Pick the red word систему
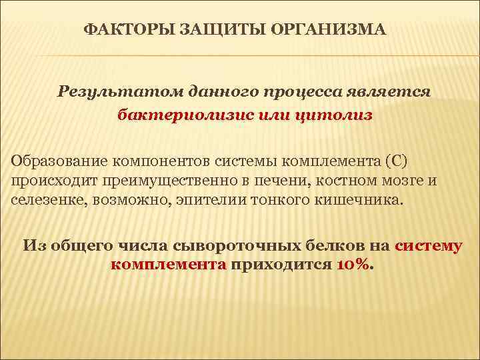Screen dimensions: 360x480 [x=428, y=246]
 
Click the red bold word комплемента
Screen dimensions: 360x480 [x=169, y=265]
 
